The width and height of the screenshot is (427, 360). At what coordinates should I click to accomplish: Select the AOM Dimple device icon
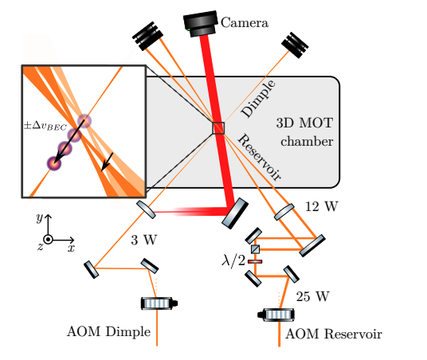coord(158,303)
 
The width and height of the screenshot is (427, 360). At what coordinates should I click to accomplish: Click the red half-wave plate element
coord(255,260)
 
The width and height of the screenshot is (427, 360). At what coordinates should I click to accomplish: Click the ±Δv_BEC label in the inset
coord(45,125)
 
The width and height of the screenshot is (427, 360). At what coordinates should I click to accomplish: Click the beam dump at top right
coord(293,46)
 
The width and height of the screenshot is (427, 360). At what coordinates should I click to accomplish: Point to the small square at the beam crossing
coord(218,128)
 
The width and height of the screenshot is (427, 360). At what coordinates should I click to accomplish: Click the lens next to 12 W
coord(285,211)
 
